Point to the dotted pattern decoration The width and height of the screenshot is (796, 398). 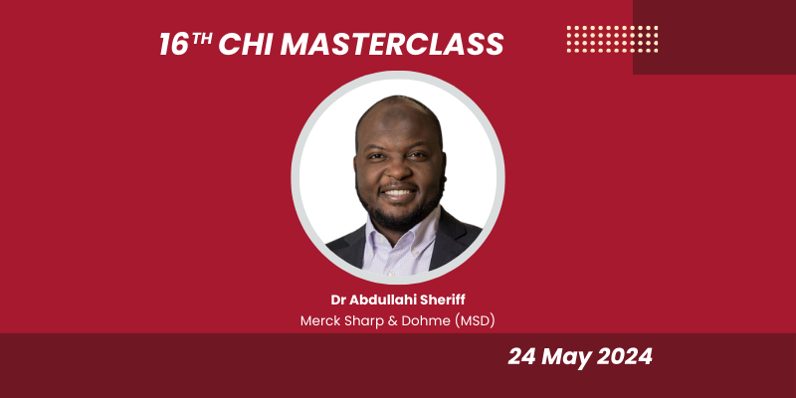(x=612, y=39)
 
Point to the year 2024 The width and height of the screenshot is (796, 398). (x=627, y=356)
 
